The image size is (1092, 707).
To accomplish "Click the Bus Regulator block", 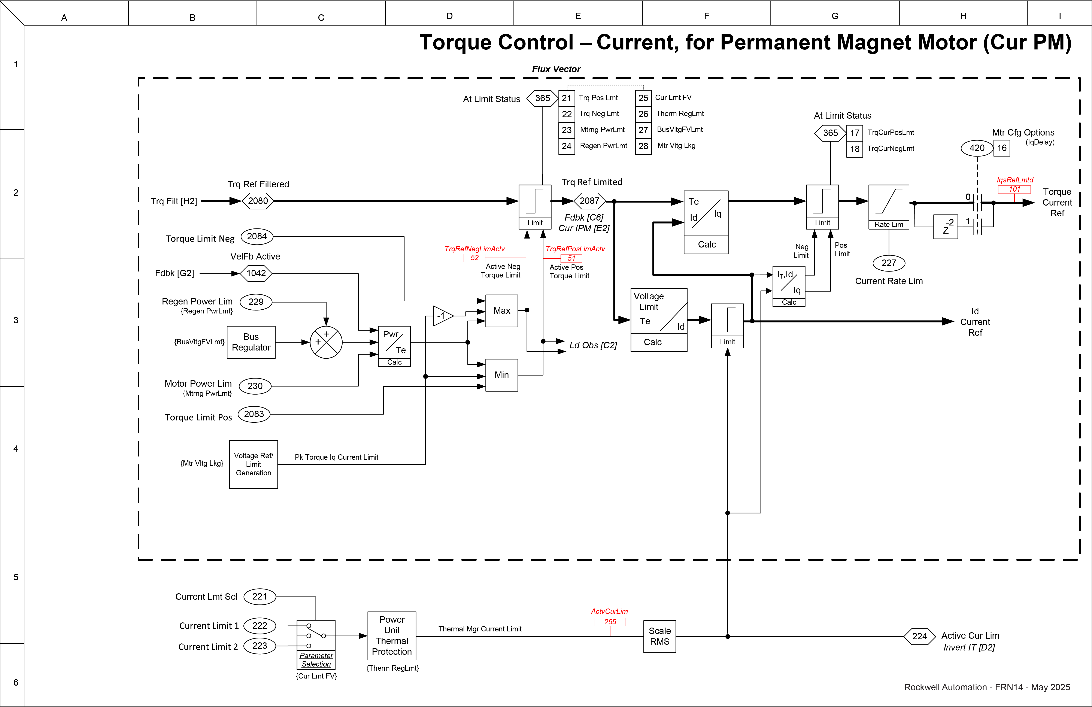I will click(251, 342).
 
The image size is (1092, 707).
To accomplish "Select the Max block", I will click(501, 311).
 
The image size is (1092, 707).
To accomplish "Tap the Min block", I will click(501, 375).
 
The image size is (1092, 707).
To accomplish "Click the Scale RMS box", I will click(659, 636).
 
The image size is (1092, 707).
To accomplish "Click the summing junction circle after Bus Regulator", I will click(326, 342).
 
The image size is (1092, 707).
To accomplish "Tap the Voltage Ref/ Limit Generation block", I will click(253, 464).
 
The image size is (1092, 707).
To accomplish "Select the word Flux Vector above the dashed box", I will click(556, 69).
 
